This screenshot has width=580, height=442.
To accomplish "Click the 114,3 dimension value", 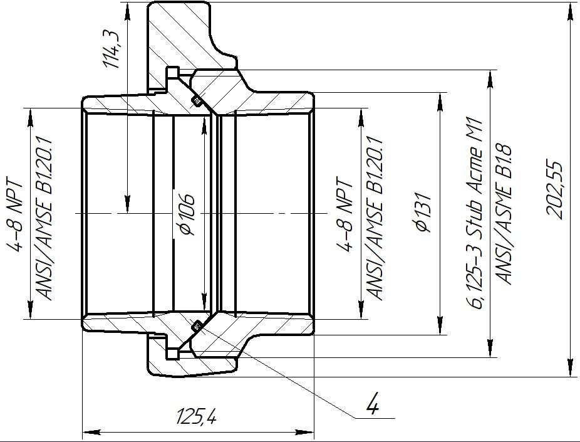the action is pos(111,50).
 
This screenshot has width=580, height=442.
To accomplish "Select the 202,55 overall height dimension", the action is pos(554,190).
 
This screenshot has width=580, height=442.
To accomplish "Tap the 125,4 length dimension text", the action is pos(196,416).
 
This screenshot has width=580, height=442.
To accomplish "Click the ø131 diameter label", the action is pos(423,212).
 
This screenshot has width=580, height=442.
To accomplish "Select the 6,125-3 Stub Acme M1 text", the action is pos(475,214).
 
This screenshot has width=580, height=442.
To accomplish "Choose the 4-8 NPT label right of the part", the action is pos(344,214).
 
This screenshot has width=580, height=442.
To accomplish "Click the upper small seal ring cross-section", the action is pos(197,101).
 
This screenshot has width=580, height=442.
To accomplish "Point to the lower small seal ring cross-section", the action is pos(197,326).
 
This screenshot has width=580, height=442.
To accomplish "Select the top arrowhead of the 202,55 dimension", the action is pos(570,11).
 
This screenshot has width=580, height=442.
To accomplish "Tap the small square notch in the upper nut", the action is pos(172,73).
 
